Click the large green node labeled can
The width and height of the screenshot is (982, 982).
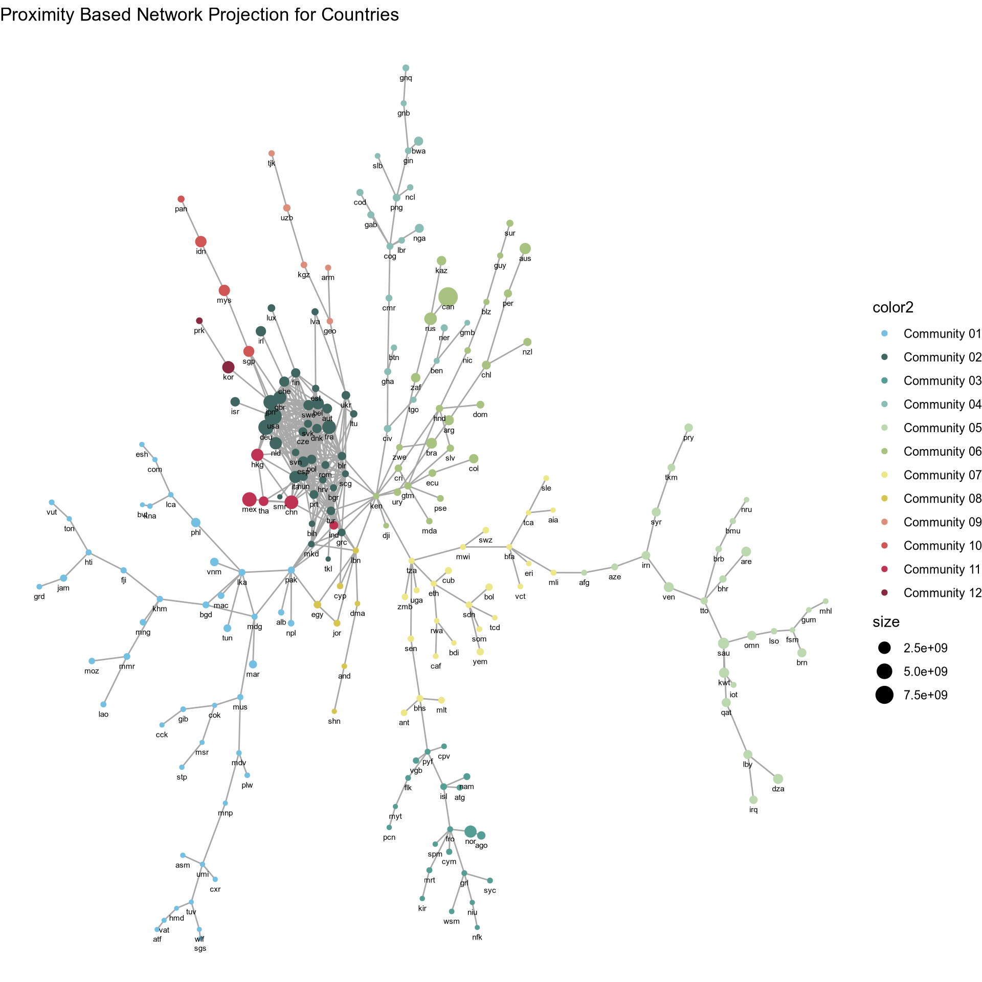tap(448, 297)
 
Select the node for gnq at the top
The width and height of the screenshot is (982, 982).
tap(406, 68)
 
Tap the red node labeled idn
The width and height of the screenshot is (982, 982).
tap(201, 241)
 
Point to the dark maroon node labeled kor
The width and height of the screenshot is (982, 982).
tap(228, 367)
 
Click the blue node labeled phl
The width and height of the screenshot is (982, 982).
tap(196, 522)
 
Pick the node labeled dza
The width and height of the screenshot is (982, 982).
tap(778, 779)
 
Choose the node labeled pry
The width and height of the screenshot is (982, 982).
tap(688, 428)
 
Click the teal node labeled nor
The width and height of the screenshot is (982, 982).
tap(471, 832)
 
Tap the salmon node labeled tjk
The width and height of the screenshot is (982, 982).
tap(272, 153)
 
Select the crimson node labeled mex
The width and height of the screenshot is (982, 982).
tap(249, 499)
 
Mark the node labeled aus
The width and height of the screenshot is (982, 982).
tap(525, 249)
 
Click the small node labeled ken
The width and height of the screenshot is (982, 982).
tap(376, 496)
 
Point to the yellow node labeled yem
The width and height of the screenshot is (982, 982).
tap(480, 652)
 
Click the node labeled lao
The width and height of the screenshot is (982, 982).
tap(103, 704)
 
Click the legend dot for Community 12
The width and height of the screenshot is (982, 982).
tap(885, 593)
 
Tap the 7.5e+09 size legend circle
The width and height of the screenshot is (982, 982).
tap(884, 695)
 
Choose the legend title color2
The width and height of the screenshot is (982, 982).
tap(893, 307)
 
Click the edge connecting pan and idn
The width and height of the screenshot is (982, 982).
tap(191, 220)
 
